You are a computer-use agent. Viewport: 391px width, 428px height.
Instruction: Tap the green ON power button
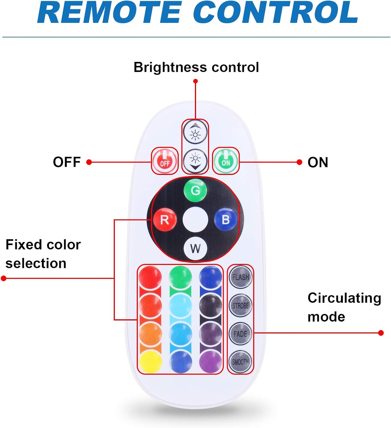(x=226, y=161)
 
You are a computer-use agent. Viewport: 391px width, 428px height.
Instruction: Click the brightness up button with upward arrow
(x=195, y=132)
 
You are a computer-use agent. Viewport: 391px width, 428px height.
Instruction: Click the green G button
(x=195, y=190)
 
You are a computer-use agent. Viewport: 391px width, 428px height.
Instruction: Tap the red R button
(x=165, y=220)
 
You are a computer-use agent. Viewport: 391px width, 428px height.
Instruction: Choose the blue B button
(x=226, y=219)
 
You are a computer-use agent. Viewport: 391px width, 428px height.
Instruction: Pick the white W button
(x=195, y=248)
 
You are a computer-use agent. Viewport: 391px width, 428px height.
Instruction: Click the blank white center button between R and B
(x=195, y=220)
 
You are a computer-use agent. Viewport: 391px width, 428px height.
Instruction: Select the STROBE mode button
(x=241, y=305)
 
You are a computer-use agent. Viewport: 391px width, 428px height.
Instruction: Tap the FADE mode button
(x=240, y=334)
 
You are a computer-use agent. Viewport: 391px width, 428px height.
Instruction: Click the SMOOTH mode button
(x=240, y=362)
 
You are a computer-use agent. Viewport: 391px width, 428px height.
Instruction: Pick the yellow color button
(x=150, y=361)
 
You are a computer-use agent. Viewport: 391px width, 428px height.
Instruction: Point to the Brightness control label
(x=196, y=67)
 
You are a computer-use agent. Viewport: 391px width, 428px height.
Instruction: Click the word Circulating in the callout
(x=344, y=298)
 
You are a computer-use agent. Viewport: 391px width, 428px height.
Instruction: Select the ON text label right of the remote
(x=318, y=162)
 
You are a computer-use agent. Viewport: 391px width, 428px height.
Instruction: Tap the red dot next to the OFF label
(x=89, y=162)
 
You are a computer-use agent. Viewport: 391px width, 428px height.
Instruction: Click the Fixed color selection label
(x=43, y=254)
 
